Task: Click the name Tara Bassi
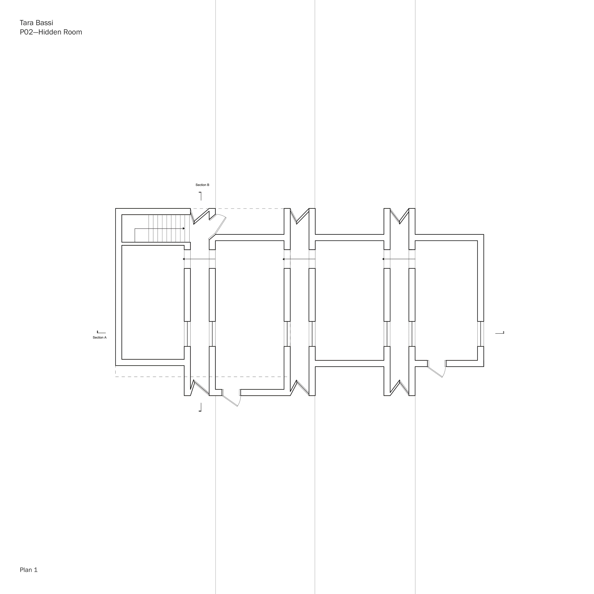point(36,23)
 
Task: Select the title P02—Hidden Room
point(51,32)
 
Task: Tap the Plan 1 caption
point(29,570)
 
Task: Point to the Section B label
point(202,185)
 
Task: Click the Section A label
point(99,337)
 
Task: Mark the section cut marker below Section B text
point(200,196)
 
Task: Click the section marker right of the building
point(500,333)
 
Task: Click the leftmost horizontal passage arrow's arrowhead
point(184,259)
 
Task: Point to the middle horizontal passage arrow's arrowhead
point(284,259)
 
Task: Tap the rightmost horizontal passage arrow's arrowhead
point(383,259)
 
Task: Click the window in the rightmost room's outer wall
point(481,334)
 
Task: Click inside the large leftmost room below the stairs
point(153,302)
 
